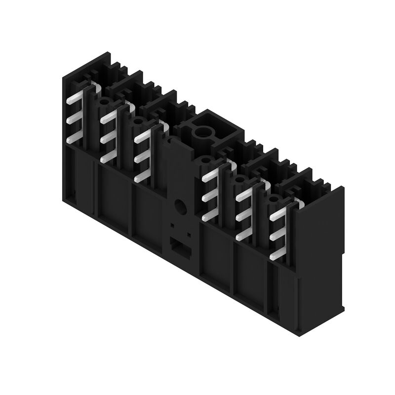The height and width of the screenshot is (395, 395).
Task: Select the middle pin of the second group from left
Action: pos(108,139)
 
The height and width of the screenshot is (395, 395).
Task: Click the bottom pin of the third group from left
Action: pos(142,174)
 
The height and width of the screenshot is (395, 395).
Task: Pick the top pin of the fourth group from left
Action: pos(209,174)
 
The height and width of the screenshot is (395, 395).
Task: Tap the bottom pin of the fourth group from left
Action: pos(209,213)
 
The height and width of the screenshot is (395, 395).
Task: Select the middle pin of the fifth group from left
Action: pos(243,216)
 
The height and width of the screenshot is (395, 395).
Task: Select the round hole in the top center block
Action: pos(202,132)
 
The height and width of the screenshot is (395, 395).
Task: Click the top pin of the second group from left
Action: pos(108,119)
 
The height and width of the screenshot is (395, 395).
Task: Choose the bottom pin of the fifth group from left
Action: pos(243,236)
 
